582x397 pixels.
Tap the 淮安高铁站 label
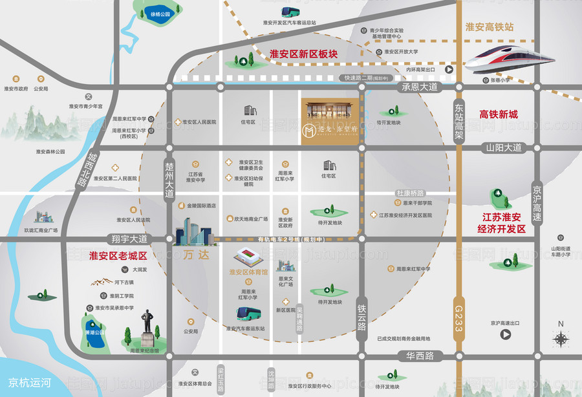tap(490, 27)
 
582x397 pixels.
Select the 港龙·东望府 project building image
tap(328, 120)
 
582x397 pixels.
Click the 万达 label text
tap(197, 255)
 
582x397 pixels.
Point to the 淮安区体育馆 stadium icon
tap(250, 256)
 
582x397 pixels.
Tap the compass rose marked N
tap(561, 336)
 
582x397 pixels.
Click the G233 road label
tap(459, 319)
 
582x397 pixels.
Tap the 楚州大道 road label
tap(169, 180)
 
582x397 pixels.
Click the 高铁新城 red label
tap(499, 114)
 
